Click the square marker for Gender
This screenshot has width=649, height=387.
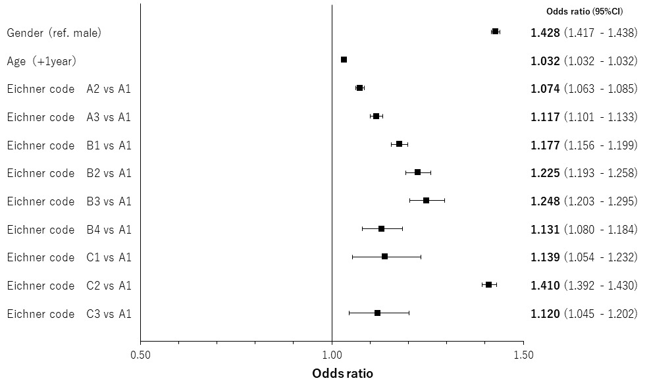click(x=495, y=32)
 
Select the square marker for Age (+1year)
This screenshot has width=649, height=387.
click(x=344, y=60)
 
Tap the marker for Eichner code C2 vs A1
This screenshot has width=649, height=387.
click(x=488, y=284)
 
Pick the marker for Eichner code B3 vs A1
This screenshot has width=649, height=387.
click(x=426, y=200)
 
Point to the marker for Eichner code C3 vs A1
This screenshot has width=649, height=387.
click(x=377, y=313)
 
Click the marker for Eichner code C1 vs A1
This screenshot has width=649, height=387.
click(x=384, y=256)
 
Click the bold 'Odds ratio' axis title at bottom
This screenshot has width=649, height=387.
click(x=342, y=374)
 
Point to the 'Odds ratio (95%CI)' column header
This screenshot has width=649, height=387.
click(x=584, y=11)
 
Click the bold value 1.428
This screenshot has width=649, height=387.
click(x=545, y=32)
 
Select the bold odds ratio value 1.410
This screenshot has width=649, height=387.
click(x=545, y=286)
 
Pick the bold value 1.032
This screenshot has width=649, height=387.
click(x=545, y=61)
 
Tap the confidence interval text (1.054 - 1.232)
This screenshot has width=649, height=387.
click(x=600, y=257)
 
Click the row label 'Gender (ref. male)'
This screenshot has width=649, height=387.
click(x=54, y=32)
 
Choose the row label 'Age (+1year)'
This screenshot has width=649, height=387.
click(x=41, y=61)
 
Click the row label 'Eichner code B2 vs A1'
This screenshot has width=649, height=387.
click(x=69, y=173)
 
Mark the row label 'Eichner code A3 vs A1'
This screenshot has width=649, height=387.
click(x=69, y=117)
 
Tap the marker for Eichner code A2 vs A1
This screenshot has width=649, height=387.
click(x=359, y=88)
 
